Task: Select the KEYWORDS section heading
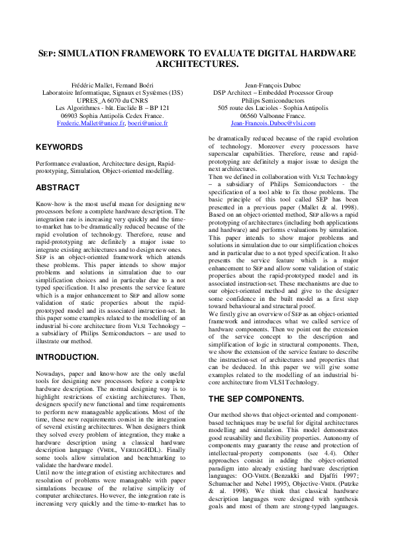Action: click(x=59, y=147)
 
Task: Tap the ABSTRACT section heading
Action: click(x=58, y=188)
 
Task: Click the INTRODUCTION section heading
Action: click(x=68, y=357)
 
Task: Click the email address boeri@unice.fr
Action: click(x=148, y=123)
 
